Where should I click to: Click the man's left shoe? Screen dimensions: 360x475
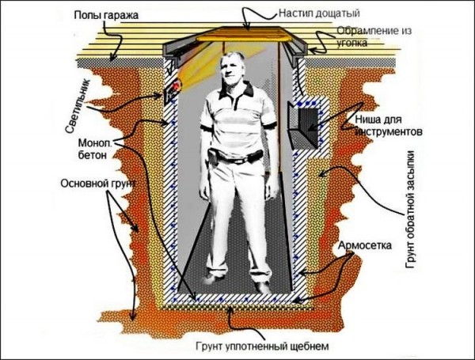click(261, 282)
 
